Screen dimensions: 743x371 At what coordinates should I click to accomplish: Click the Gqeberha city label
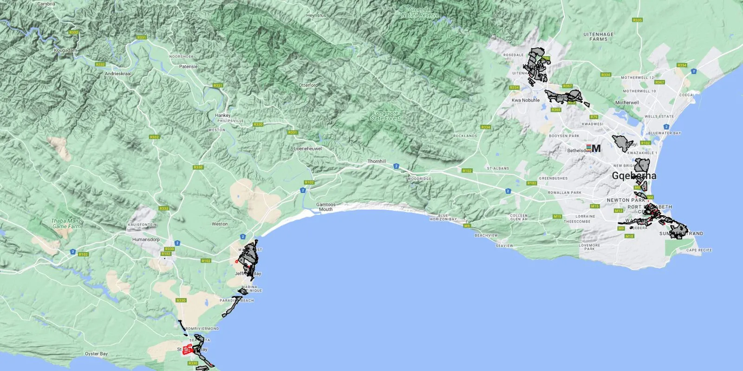pyautogui.click(x=634, y=176)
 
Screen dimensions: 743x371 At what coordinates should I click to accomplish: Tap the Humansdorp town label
pyautogui.click(x=146, y=240)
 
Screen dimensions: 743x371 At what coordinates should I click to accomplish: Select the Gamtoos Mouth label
pyautogui.click(x=326, y=207)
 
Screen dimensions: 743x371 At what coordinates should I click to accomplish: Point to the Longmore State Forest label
pyautogui.click(x=385, y=116)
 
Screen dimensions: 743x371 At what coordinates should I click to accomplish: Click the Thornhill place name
pyautogui.click(x=377, y=161)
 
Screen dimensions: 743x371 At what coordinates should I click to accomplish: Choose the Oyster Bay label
pyautogui.click(x=96, y=354)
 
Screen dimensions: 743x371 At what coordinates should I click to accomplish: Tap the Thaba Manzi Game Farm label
pyautogui.click(x=67, y=224)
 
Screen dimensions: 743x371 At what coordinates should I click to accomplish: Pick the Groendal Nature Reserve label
pyautogui.click(x=420, y=12)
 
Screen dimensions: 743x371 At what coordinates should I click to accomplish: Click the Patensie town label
pyautogui.click(x=188, y=67)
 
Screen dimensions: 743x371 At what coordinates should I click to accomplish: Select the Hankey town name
pyautogui.click(x=222, y=115)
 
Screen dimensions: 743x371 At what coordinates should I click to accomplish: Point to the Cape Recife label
pyautogui.click(x=699, y=250)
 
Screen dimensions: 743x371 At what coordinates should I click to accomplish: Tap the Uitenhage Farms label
pyautogui.click(x=599, y=37)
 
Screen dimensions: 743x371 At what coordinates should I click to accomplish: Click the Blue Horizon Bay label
pyautogui.click(x=443, y=217)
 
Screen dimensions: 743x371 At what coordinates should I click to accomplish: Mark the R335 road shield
pyautogui.click(x=638, y=20)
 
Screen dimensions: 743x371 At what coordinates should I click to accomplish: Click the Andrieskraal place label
pyautogui.click(x=118, y=74)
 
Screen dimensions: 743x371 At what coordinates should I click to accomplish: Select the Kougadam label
pyautogui.click(x=65, y=50)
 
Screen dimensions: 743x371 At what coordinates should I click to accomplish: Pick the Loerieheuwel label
pyautogui.click(x=308, y=149)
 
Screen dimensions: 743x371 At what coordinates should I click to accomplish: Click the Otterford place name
pyautogui.click(x=308, y=85)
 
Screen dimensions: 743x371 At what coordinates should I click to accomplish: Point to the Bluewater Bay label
pyautogui.click(x=665, y=133)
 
